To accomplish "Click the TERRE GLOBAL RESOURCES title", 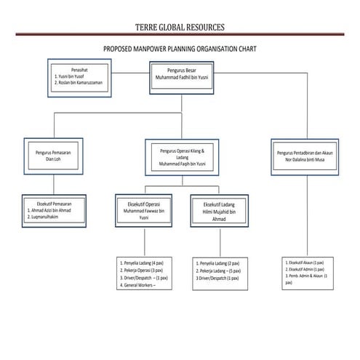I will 180,27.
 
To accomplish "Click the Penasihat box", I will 79,75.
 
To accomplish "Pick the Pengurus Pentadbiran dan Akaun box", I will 309,156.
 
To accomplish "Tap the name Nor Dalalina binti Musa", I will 309,160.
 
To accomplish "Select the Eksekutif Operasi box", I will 148,211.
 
